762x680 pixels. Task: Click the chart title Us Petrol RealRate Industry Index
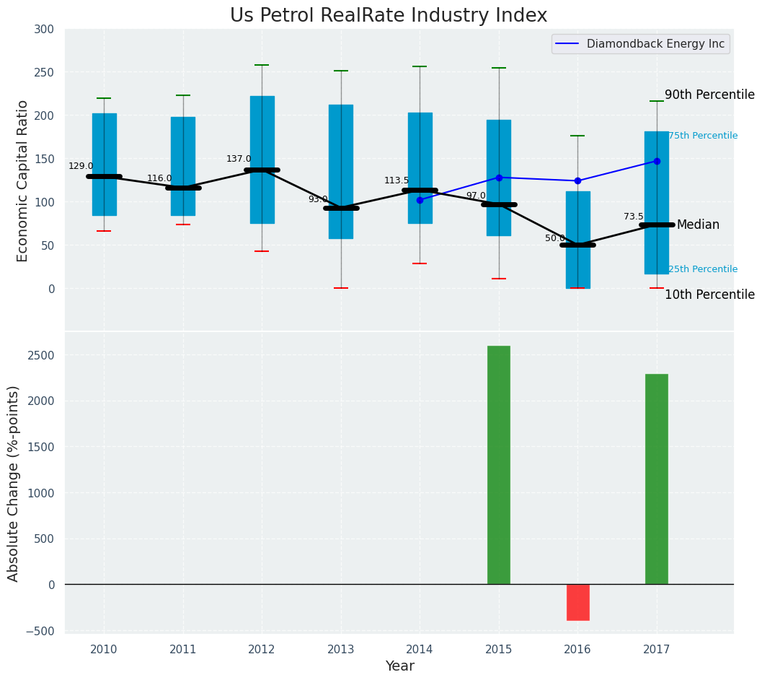[389, 16]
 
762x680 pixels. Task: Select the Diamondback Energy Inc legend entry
[655, 44]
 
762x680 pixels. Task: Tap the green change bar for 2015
[499, 465]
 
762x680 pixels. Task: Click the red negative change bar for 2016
[577, 602]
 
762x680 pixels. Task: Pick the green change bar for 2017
[656, 479]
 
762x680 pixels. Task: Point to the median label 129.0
[81, 167]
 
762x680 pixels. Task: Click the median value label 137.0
[239, 160]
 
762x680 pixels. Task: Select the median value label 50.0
[555, 239]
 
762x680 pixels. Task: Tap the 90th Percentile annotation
[709, 95]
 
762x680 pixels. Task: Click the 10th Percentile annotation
[709, 295]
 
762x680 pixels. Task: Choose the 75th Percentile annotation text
[703, 136]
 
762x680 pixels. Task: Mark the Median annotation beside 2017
[698, 225]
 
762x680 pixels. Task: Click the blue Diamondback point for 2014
[420, 200]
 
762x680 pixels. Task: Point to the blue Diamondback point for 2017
[657, 161]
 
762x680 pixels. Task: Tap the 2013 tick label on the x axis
[341, 650]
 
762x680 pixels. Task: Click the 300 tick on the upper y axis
[43, 30]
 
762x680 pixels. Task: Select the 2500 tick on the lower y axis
[40, 355]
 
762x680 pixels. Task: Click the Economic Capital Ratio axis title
[22, 180]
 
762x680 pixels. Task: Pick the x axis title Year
[399, 666]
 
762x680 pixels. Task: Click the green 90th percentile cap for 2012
[262, 65]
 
